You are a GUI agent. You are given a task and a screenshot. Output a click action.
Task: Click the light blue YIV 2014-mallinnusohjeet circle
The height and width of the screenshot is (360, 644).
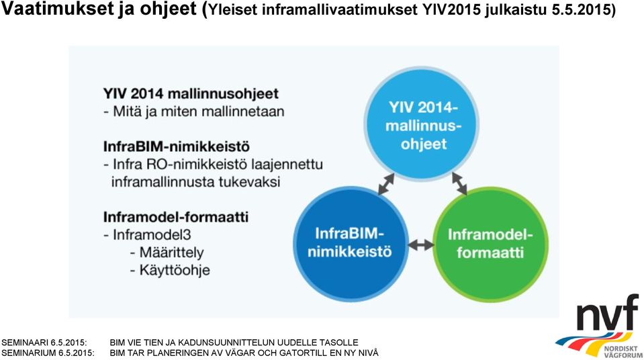pyautogui.click(x=422, y=124)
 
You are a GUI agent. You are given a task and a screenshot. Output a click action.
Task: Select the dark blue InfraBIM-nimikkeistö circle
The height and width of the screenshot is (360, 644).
pyautogui.click(x=351, y=244)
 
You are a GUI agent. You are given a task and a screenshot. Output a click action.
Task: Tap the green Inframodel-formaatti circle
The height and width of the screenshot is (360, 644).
pyautogui.click(x=490, y=244)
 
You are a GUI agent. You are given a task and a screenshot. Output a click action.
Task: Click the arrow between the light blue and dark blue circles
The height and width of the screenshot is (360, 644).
pyautogui.click(x=386, y=184)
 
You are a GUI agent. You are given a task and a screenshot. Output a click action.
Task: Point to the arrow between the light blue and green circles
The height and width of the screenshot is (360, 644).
pyautogui.click(x=459, y=183)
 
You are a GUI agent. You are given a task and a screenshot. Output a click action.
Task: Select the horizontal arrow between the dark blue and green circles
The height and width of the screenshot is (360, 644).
pyautogui.click(x=420, y=245)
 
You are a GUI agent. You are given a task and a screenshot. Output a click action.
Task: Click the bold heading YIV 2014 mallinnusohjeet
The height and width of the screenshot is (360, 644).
pyautogui.click(x=191, y=94)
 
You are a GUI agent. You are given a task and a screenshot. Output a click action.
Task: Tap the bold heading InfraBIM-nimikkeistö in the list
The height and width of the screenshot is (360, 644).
pyautogui.click(x=177, y=146)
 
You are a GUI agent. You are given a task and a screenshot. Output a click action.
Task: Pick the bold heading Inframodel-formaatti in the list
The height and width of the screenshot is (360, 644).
pyautogui.click(x=176, y=216)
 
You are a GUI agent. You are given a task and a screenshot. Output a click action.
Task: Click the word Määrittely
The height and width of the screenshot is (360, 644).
pyautogui.click(x=172, y=253)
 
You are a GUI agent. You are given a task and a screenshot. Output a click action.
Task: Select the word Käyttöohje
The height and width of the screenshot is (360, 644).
pyautogui.click(x=175, y=270)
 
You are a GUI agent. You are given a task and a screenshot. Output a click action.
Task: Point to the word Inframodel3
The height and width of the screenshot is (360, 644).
pyautogui.click(x=152, y=234)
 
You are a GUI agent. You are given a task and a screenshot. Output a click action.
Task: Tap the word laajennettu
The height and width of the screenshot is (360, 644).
pyautogui.click(x=287, y=165)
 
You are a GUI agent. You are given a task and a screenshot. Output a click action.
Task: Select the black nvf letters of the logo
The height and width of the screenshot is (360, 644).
pyautogui.click(x=608, y=313)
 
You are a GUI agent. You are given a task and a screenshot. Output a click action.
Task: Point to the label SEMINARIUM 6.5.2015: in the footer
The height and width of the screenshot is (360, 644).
pyautogui.click(x=48, y=353)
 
